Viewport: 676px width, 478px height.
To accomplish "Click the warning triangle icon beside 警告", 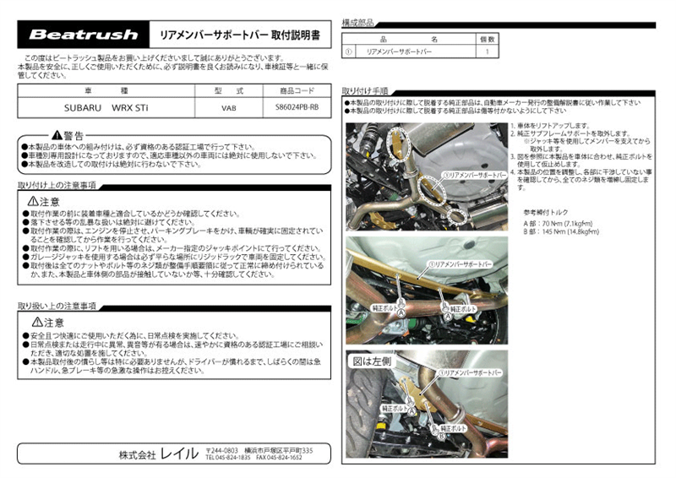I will [56, 135].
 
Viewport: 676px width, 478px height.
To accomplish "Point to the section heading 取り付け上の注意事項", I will [57, 185].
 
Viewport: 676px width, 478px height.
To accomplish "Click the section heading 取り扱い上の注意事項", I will [57, 306].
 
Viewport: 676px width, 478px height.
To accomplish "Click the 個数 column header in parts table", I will [487, 39].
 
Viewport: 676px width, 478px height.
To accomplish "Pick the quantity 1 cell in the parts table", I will [487, 52].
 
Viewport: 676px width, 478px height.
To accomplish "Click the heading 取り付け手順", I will [365, 90].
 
